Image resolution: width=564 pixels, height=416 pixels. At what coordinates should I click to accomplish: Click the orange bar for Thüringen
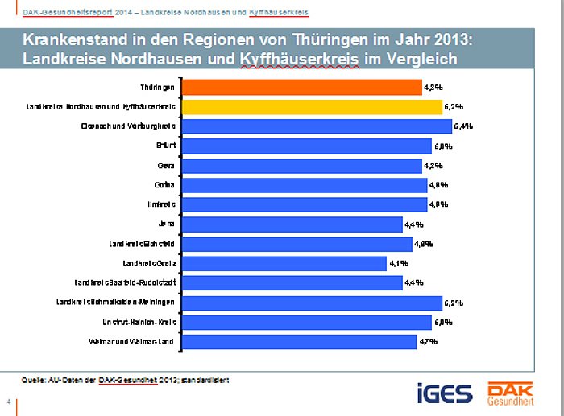pos(302,87)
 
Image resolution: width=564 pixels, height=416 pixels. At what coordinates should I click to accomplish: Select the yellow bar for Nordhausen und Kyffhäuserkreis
pos(312,106)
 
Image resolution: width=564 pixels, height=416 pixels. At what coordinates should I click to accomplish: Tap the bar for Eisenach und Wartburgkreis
pos(317,126)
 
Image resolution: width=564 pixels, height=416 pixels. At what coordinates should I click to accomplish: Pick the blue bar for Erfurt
pos(307,146)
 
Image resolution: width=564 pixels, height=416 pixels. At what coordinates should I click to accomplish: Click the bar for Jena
pos(292,224)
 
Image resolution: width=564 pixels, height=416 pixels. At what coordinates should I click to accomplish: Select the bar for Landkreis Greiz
pos(284,263)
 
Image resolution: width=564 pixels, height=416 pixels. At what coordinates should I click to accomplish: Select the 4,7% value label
pos(428,342)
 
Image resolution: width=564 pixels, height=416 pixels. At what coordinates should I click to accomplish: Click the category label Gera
pos(167,166)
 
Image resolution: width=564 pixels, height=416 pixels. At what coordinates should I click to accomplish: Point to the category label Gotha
pos(165,185)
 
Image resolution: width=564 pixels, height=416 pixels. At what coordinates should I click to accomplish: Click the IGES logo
pos(445,393)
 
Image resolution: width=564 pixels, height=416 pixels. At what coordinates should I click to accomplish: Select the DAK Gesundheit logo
pos(510,392)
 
